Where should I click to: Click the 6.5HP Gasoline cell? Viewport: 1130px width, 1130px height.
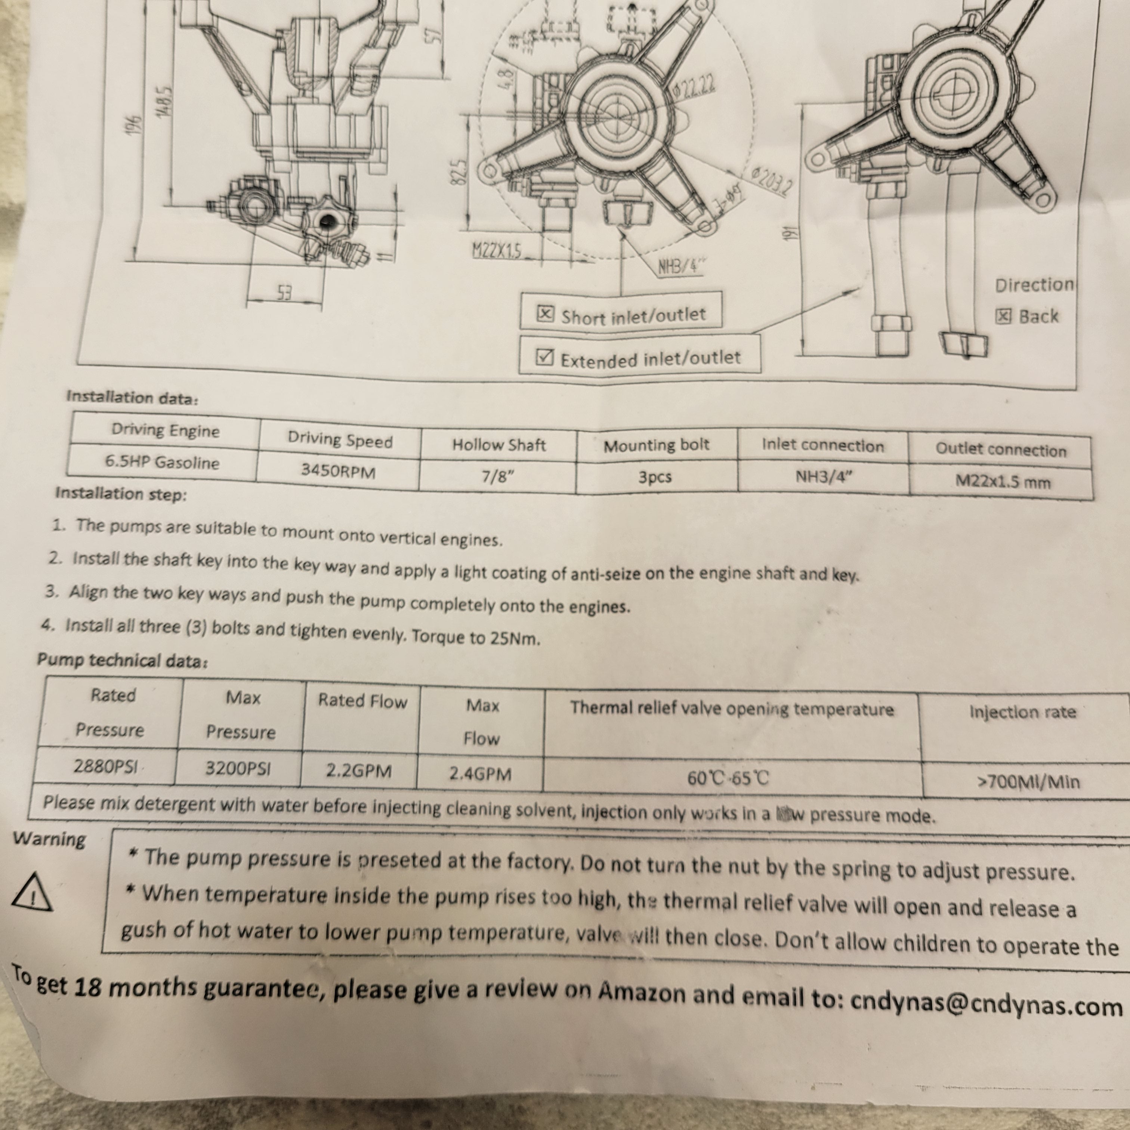[162, 462]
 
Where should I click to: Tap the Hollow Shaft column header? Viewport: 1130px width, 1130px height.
[498, 445]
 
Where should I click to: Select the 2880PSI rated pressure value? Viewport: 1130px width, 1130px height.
[105, 766]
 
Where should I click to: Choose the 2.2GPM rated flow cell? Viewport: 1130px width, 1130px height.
[358, 771]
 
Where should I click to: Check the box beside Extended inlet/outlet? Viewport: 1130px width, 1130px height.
[544, 357]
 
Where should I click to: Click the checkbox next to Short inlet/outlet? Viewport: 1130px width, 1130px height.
[544, 314]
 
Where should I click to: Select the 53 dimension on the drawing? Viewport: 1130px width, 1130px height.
[284, 293]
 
